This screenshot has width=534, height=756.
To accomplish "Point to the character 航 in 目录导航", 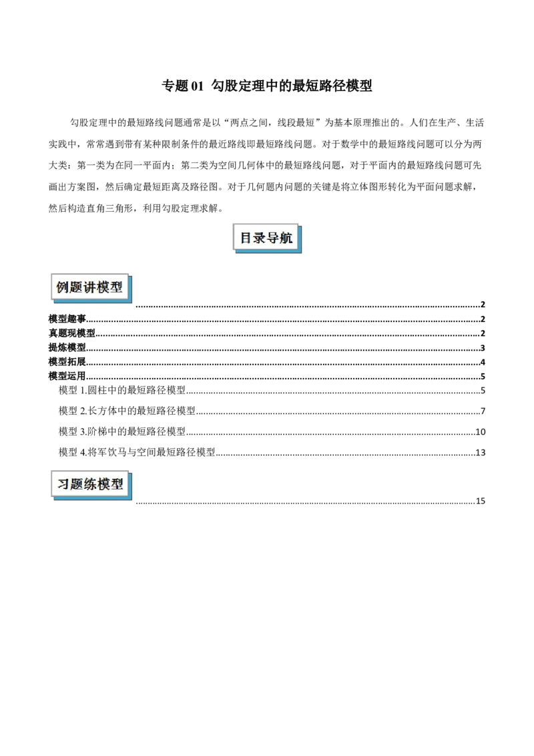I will click(286, 238).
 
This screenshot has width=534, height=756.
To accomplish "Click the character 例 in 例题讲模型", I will click(63, 287).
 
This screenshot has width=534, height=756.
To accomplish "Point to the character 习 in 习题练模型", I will click(63, 484).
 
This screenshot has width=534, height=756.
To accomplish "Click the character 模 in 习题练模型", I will click(104, 484).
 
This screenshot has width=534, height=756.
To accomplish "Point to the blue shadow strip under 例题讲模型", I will click(93, 301).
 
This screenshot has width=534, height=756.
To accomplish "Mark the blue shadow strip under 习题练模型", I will click(93, 498).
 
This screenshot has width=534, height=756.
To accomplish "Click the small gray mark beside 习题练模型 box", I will click(136, 505).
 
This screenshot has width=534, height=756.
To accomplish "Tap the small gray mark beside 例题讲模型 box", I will click(137, 307).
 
